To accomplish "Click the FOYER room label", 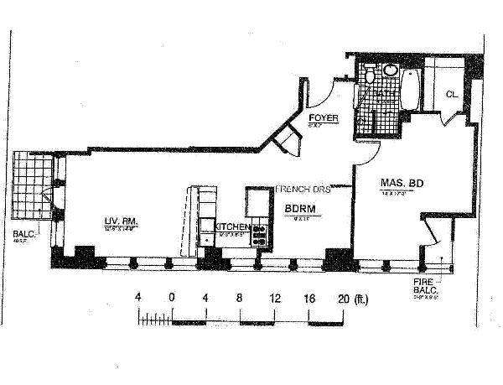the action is point(324,118).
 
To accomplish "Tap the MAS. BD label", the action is point(399,183).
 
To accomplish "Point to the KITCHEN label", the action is point(232,227).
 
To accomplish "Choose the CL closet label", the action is point(449,94).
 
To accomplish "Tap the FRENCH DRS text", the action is point(303,190).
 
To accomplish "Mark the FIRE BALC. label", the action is point(425,286).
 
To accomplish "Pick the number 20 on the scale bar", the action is point(342,298).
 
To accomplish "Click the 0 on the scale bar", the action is point(171,298).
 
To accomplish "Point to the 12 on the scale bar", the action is point(273,298).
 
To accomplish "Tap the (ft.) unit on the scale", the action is point(361,298).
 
